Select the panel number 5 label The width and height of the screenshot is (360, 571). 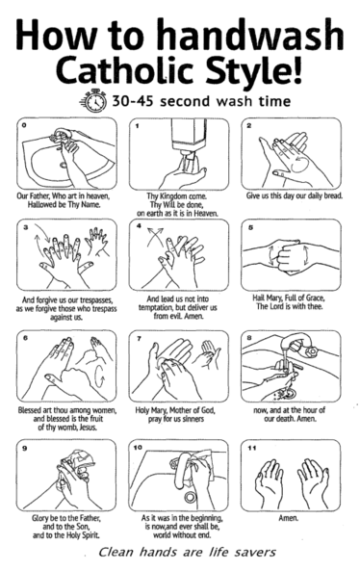click(250, 227)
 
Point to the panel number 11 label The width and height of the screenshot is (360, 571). click(252, 448)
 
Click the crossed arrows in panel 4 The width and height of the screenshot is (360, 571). click(155, 236)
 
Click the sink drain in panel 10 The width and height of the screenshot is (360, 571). click(190, 497)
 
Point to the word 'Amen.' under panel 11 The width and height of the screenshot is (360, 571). click(289, 518)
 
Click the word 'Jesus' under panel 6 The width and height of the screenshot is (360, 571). click(88, 428)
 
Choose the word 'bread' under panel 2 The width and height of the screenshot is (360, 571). click(333, 195)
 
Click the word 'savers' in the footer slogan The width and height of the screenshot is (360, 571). click(255, 552)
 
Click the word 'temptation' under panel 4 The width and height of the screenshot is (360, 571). click(156, 308)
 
